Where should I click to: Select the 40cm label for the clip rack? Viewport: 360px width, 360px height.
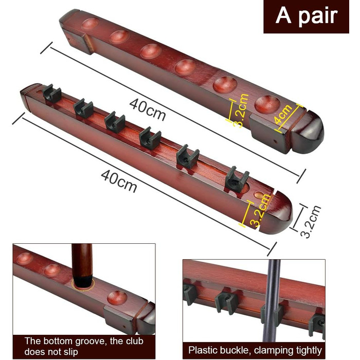119,181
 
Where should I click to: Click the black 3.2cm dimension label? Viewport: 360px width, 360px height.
310,222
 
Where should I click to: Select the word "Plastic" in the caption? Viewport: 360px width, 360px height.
203,350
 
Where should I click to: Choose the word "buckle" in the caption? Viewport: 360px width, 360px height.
236,350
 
